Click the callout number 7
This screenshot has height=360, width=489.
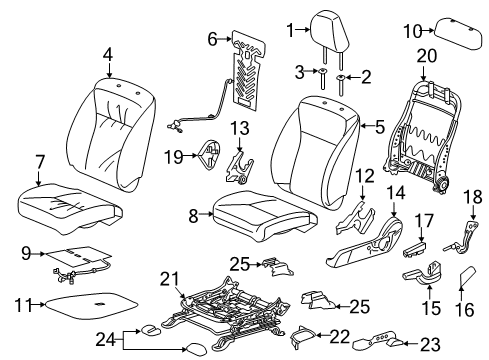(x=39, y=161)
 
